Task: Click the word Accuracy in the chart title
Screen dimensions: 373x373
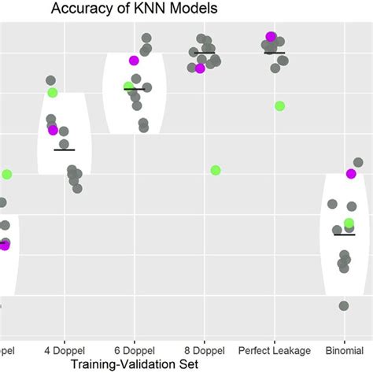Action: [81, 9]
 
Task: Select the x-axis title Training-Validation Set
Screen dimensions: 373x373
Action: [133, 364]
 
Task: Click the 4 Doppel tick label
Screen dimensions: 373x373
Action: [65, 349]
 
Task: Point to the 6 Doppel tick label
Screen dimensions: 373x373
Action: [134, 349]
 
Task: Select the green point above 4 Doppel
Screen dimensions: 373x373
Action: [53, 93]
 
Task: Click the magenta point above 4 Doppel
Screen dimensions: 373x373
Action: [54, 130]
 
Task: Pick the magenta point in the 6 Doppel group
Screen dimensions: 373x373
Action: [134, 61]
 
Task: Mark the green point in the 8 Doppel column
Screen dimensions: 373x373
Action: [216, 170]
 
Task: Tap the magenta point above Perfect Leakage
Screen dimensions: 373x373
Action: [271, 36]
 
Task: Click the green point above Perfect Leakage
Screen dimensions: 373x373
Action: [279, 105]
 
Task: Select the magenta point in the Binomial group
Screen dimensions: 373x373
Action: [351, 174]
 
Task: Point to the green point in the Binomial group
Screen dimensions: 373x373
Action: [349, 223]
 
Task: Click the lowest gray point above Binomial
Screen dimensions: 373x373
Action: [344, 305]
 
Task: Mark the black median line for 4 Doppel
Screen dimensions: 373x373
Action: [65, 149]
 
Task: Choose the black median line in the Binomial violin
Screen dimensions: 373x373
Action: [344, 234]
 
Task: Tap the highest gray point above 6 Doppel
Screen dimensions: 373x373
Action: [146, 37]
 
